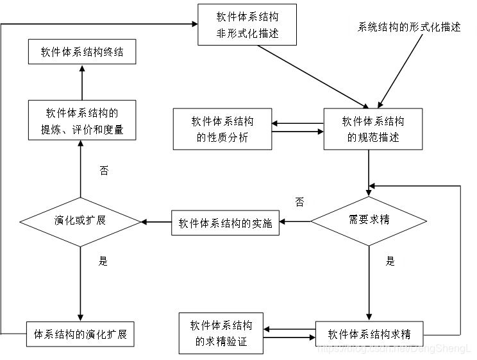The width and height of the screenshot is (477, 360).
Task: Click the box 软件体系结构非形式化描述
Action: click(247, 24)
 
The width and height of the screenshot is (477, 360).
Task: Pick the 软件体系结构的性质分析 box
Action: click(222, 128)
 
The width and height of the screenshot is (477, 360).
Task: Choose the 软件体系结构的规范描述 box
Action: click(373, 128)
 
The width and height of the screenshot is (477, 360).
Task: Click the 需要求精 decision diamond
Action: click(369, 220)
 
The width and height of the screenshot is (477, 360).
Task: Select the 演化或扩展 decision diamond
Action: click(80, 220)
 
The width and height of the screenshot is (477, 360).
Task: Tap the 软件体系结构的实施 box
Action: click(225, 223)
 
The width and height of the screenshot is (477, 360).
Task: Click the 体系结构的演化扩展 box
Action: click(80, 334)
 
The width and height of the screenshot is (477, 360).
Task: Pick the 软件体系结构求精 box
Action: click(369, 334)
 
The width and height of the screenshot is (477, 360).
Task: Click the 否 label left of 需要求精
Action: click(299, 202)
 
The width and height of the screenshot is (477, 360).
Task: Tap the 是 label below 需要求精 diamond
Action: click(390, 261)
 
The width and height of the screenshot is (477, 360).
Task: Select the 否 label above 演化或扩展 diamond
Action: click(104, 170)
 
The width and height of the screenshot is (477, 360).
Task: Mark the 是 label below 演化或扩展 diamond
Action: click(103, 261)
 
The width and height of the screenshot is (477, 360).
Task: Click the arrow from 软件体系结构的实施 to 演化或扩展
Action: click(156, 222)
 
